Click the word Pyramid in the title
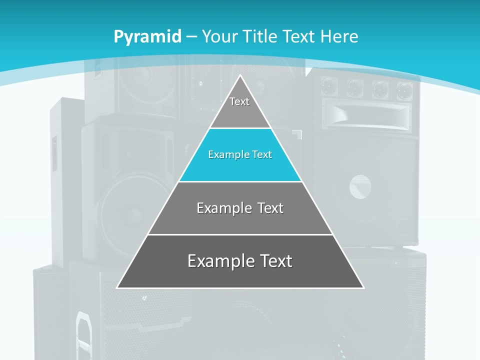(147, 37)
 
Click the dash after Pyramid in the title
(191, 37)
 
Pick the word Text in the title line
(300, 36)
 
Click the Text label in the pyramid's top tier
(239, 101)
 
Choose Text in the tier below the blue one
(271, 208)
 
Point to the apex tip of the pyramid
(240, 76)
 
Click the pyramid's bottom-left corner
(117, 287)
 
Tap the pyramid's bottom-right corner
(363, 287)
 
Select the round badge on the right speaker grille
(360, 186)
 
